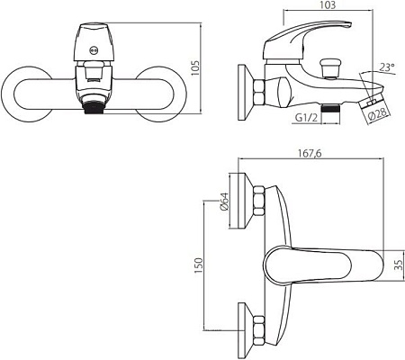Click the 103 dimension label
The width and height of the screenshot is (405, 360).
click(328, 5)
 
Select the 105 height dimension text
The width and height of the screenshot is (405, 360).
click(194, 68)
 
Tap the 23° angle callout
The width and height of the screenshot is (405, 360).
click(386, 67)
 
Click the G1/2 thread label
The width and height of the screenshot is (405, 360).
click(306, 118)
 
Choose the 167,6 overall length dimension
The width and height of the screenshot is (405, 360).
click(310, 153)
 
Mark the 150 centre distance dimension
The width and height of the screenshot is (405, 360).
click(199, 265)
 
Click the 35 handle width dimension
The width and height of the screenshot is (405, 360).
click(400, 265)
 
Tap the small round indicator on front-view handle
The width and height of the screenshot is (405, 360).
click(94, 50)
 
